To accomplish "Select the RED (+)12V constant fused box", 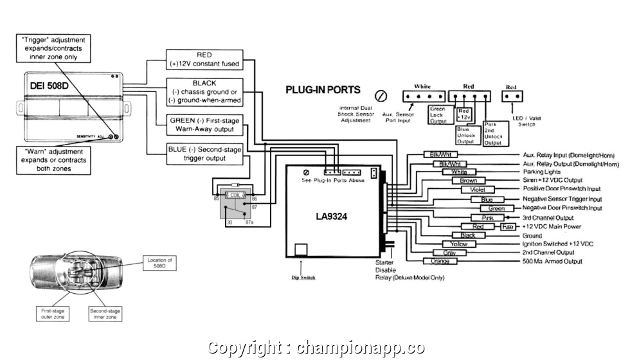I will point(204,60).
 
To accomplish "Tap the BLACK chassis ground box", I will point(204,92).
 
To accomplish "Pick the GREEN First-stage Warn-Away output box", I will point(204,125).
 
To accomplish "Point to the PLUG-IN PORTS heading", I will point(323,90).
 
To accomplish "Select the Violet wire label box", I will point(477,190).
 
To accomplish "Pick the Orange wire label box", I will point(440,262).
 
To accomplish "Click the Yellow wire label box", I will point(458,244).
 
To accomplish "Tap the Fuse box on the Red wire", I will point(508,227).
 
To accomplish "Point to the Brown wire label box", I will point(468,181).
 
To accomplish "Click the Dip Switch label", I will point(303,278).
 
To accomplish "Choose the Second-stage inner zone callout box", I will point(104,313).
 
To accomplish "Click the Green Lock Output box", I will point(437,114).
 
